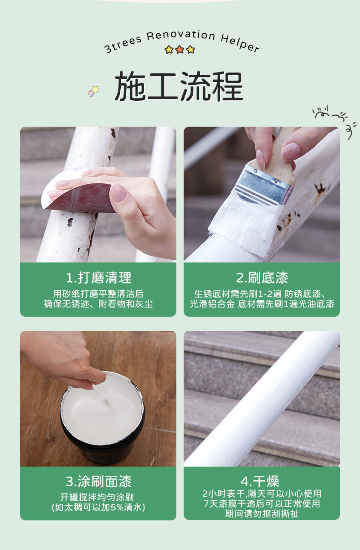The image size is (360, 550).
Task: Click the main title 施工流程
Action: tap(179, 87)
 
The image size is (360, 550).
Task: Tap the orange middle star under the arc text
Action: tap(180, 50)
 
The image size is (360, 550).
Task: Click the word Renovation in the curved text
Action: tap(181, 35)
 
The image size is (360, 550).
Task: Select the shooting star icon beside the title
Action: tap(93, 91)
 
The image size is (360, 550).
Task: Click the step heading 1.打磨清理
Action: tap(99, 278)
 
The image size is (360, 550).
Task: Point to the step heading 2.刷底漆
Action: tap(262, 278)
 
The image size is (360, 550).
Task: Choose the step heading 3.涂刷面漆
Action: tap(98, 482)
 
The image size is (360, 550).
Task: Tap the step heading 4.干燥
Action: tap(260, 482)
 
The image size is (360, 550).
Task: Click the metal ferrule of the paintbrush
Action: tap(264, 184)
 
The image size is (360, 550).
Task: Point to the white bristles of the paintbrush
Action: tap(246, 223)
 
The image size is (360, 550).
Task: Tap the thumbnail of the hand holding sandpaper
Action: tap(118, 193)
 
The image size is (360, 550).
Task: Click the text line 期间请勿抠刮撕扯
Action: tap(262, 514)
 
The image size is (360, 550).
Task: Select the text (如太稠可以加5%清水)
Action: tap(98, 507)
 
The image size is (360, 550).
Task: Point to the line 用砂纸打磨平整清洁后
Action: tap(98, 293)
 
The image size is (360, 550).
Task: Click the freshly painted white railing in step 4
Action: tap(262, 399)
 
